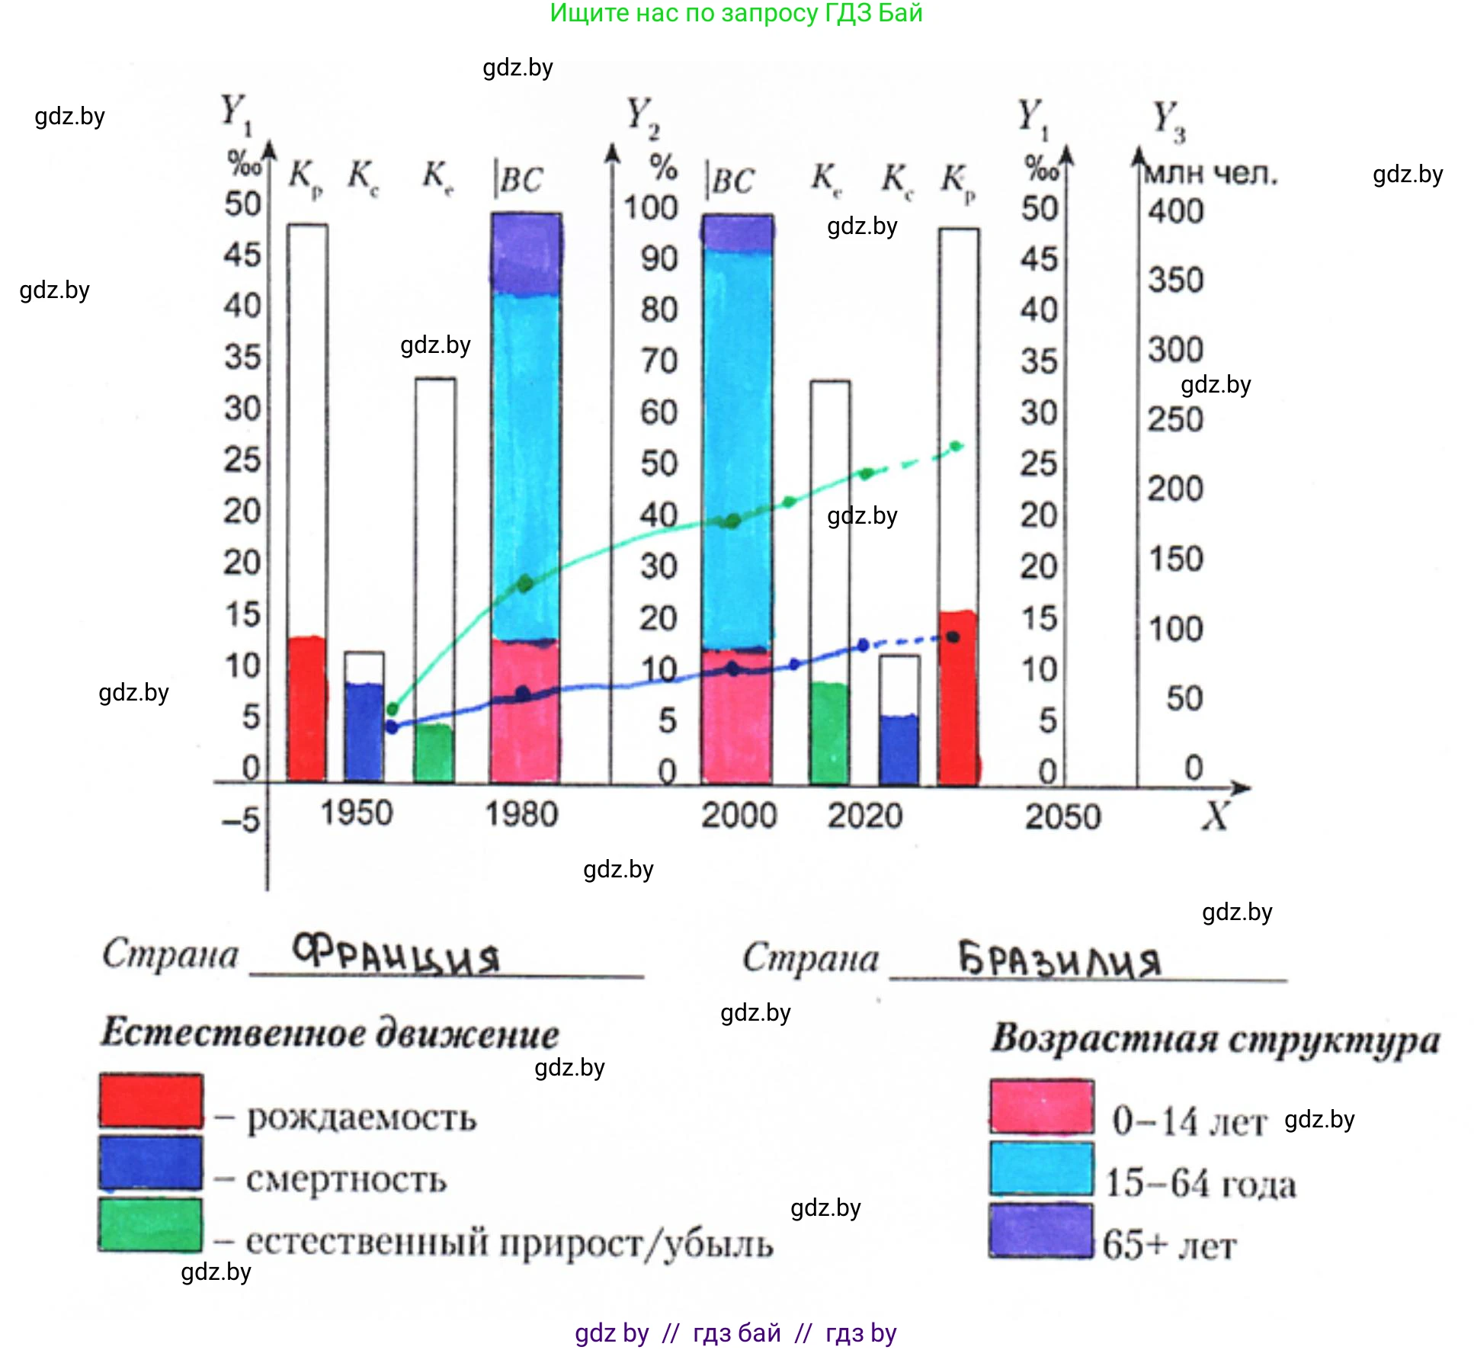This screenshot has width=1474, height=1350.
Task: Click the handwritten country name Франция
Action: tap(396, 955)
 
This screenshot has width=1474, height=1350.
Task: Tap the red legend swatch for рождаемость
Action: tap(151, 1101)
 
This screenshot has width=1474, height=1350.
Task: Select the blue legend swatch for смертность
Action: tap(151, 1162)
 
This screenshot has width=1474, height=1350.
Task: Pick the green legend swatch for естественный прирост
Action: tap(151, 1224)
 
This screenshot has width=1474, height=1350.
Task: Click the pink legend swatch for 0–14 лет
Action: tap(1042, 1105)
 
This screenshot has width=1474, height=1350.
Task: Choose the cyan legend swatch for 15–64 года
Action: tap(1042, 1168)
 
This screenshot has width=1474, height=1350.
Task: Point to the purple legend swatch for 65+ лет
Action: tap(1042, 1230)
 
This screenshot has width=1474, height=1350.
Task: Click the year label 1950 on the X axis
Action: tap(356, 813)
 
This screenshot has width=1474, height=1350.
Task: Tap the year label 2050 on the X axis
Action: tap(1062, 817)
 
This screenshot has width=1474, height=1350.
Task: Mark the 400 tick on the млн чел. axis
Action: tap(1175, 211)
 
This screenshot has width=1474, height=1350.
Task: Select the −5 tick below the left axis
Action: tap(241, 821)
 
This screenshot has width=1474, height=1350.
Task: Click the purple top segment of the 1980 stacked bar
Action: tap(526, 254)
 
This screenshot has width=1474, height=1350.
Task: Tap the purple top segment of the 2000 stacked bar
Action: tap(737, 233)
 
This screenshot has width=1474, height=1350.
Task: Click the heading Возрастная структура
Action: tap(1215, 1040)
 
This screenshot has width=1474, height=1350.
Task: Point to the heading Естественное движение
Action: tap(330, 1034)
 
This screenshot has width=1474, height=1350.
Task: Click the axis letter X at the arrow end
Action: tap(1215, 816)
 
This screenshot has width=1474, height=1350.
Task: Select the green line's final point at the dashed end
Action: tap(957, 447)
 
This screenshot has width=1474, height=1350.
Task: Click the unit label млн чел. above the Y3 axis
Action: tap(1210, 175)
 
